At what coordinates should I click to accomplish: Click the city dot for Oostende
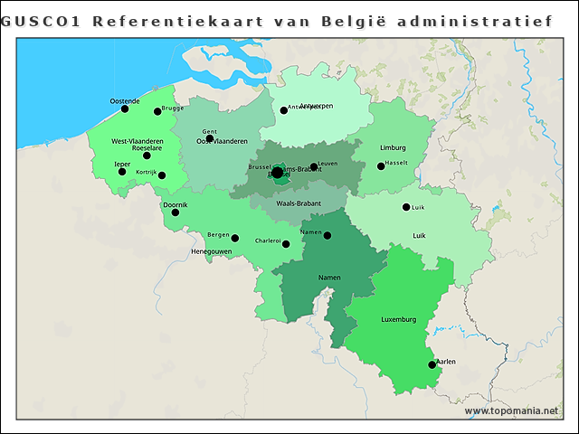click(125, 109)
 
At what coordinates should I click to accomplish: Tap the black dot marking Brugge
click(157, 111)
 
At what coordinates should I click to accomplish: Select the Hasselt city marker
click(381, 165)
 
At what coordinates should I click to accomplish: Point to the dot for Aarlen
click(432, 365)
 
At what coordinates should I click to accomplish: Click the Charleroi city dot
click(286, 244)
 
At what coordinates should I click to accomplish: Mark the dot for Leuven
click(313, 166)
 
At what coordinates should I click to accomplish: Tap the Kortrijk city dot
click(162, 175)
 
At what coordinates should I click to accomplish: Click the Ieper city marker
click(122, 172)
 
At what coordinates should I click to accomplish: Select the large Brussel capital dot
click(277, 173)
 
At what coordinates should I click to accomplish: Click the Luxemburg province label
click(398, 319)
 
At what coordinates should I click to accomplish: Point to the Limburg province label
click(393, 147)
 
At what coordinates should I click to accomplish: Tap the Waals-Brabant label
click(299, 203)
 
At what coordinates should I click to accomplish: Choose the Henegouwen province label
click(213, 250)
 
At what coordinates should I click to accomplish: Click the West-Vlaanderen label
click(138, 141)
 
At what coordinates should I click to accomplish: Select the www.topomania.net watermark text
click(511, 411)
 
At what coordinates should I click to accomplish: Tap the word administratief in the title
click(474, 20)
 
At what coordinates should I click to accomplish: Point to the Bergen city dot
click(235, 239)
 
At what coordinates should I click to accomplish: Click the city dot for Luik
click(406, 207)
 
